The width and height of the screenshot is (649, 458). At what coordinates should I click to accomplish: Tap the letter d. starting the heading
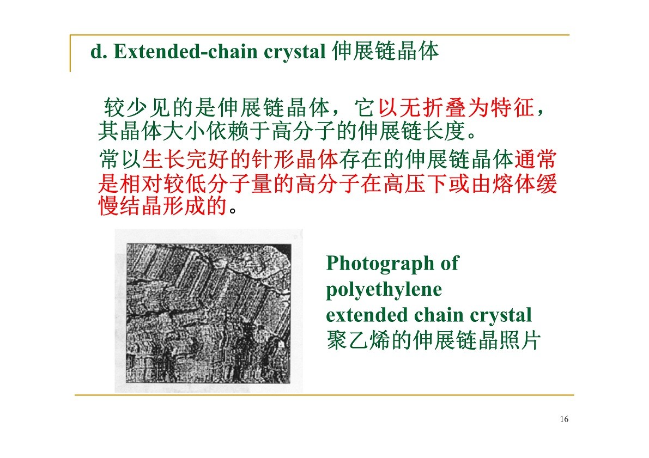[x=99, y=52]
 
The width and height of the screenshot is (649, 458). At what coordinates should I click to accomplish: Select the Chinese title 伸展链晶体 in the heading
[x=385, y=51]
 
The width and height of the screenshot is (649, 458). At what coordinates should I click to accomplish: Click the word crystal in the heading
[x=295, y=52]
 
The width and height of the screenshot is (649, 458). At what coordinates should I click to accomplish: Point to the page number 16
[x=564, y=419]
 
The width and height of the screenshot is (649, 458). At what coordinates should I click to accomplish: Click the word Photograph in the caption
[x=380, y=264]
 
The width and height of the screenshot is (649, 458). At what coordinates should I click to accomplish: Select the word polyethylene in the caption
[x=384, y=290]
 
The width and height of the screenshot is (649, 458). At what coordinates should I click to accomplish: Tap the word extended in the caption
[x=367, y=315]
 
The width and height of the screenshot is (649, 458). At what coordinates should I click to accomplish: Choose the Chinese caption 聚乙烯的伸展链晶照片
[x=433, y=340]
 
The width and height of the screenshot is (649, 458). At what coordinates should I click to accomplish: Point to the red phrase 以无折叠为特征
[x=456, y=108]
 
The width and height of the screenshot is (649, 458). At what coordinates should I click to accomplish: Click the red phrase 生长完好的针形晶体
[x=240, y=159]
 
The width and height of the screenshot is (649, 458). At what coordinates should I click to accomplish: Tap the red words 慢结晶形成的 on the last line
[x=163, y=206]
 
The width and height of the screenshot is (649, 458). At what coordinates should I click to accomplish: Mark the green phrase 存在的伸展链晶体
[x=426, y=159]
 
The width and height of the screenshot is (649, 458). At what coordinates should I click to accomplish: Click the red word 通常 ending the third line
[x=535, y=159]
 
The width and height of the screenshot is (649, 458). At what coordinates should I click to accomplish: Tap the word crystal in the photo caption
[x=501, y=316]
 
